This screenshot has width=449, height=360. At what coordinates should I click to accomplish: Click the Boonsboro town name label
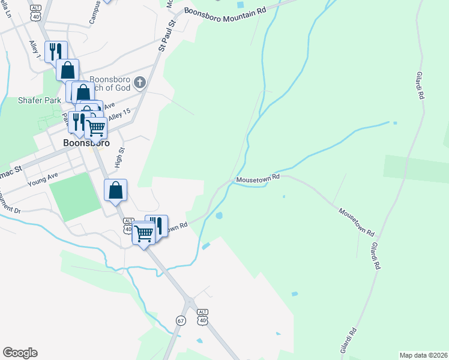(86, 143)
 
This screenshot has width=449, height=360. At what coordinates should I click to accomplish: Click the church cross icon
(140, 82)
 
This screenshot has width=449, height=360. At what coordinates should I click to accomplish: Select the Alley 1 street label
(34, 50)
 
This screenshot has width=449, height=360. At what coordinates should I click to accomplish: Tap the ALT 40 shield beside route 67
(202, 317)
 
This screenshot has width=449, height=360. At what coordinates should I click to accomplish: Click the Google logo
(20, 353)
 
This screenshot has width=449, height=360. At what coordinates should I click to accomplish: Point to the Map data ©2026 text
(423, 355)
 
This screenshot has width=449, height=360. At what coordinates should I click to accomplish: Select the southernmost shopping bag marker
(116, 190)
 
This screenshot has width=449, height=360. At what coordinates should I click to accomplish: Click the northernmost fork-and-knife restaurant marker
(55, 50)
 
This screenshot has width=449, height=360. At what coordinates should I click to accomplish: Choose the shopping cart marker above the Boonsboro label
(96, 127)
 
